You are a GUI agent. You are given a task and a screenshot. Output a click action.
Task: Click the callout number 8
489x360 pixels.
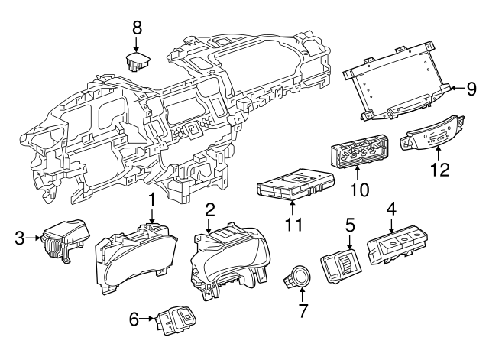tap(137, 28)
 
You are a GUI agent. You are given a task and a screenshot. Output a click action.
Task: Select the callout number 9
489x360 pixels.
tap(472, 88)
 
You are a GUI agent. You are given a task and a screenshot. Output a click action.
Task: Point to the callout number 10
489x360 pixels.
tap(358, 187)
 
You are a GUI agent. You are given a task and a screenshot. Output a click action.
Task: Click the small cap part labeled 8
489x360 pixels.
tap(138, 61)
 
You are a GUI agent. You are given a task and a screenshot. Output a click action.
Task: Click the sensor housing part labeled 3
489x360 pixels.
tap(63, 238)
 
